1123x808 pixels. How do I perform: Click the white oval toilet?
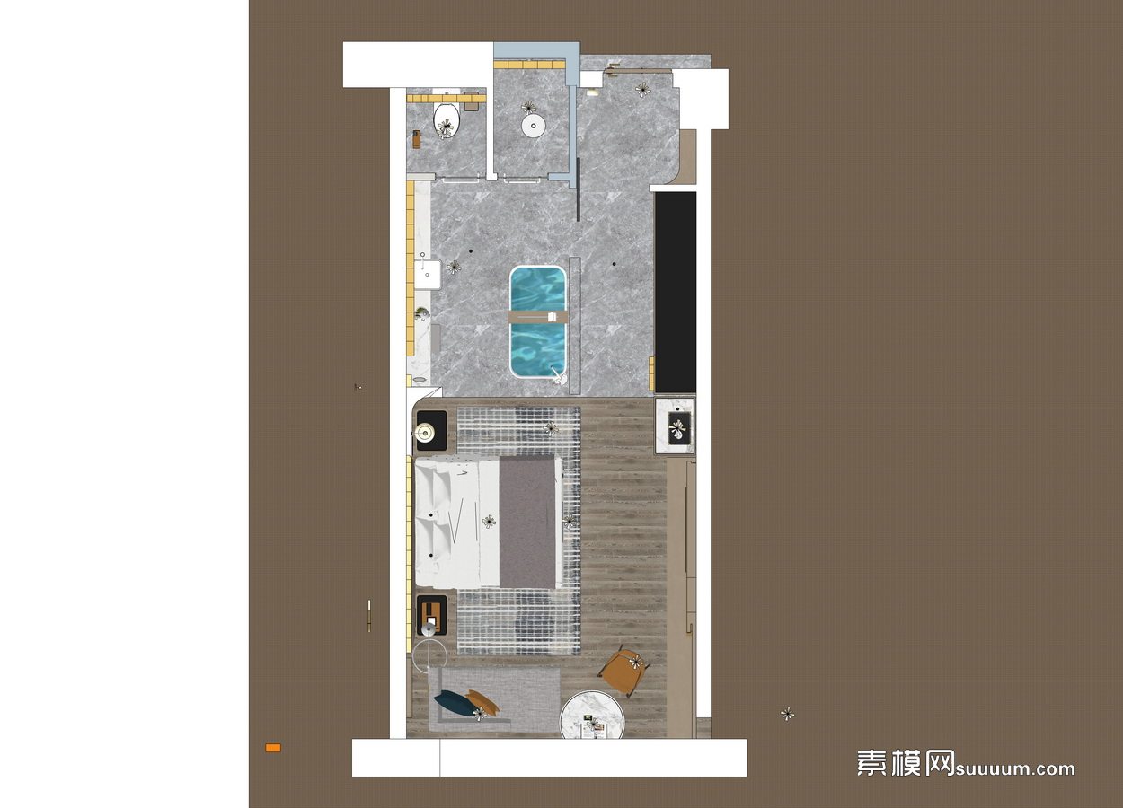[x=95, y=120]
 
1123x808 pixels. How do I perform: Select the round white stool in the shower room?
[x=533, y=125]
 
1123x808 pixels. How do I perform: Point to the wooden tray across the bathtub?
[x=538, y=317]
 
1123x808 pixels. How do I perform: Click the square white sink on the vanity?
[x=427, y=275]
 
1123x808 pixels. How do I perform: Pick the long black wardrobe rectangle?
[x=676, y=292]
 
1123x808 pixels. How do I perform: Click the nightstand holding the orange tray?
[x=431, y=615]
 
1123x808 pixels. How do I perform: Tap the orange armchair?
[x=623, y=672]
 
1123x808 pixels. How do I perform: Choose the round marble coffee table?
[x=592, y=715]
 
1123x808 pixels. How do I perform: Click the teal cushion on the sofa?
[x=453, y=702]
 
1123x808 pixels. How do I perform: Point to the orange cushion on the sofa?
[x=482, y=700]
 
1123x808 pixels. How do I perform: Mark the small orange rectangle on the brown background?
[x=273, y=748]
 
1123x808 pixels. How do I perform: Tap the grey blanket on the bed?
[x=527, y=522]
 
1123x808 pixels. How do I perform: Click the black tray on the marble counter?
[x=679, y=427]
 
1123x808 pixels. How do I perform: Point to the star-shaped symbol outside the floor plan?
[x=788, y=714]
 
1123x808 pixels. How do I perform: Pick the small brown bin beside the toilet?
[x=417, y=139]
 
